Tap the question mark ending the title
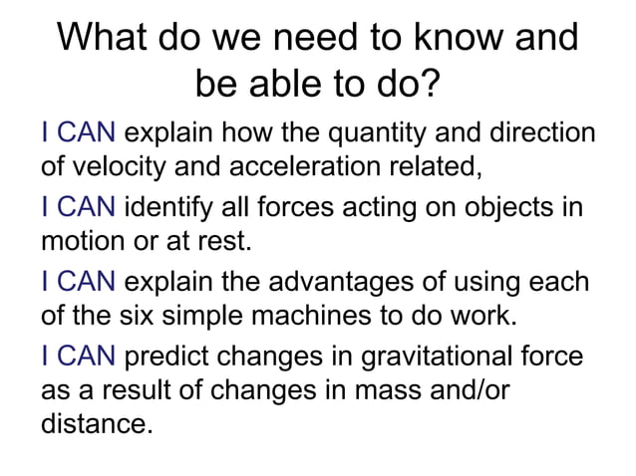(430, 87)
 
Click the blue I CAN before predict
(80, 359)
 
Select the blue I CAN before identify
(80, 209)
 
